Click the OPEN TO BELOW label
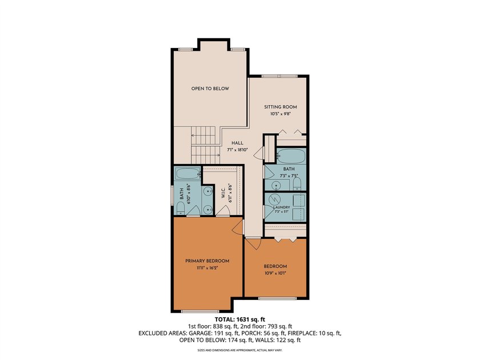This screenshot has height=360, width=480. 210,89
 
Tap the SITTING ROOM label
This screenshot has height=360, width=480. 281,107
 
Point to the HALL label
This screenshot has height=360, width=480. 237,143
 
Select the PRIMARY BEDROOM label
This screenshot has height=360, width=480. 207,261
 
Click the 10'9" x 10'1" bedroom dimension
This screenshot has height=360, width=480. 275,273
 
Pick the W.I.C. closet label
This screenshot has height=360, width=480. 223,193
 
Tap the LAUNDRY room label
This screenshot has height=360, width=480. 281,207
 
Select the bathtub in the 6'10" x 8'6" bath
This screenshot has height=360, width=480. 188,174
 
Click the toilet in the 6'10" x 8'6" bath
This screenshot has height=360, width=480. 181,209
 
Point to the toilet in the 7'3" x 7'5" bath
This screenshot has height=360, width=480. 297,183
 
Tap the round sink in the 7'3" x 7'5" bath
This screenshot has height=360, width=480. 277,185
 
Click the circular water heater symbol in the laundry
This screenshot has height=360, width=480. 275,199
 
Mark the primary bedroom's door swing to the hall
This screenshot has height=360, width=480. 238,227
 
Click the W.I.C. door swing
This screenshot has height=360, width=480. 223,210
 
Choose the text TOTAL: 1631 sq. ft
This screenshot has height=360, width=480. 239,319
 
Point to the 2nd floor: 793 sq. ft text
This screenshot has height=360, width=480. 267,326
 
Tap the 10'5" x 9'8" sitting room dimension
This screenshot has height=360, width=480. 280,114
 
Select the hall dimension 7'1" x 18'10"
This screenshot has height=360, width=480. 237,150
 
